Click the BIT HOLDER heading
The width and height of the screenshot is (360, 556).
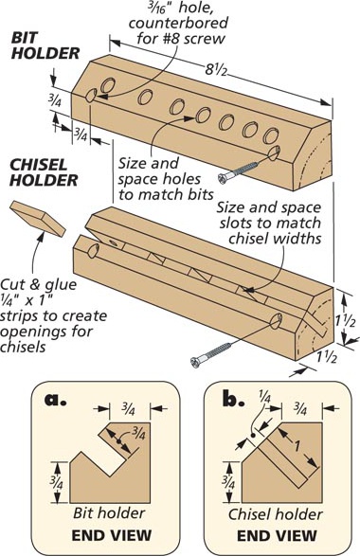coord(45,45)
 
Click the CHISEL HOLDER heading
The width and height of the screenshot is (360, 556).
coord(44,172)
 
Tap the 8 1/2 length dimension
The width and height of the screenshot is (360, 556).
coord(216,69)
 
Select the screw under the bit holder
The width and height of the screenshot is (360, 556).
coord(240,172)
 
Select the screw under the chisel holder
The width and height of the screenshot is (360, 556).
coord(211,353)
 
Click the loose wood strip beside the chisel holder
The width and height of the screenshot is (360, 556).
coord(38,218)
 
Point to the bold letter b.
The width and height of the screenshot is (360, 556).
coord(234,398)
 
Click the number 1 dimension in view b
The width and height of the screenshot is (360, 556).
coord(297,446)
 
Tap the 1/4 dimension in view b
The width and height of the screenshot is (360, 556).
coord(264,396)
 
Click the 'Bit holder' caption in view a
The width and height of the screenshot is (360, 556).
coord(109,512)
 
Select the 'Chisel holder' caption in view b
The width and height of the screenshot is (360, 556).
coord(276,514)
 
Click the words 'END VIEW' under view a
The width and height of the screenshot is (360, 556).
coord(112,535)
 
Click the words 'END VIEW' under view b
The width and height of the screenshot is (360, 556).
coord(277,536)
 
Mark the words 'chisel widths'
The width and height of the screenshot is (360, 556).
coord(275,238)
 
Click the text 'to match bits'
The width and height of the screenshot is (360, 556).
coord(166,194)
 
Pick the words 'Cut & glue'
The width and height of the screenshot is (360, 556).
coord(38,285)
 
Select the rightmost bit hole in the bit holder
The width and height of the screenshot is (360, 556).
coord(271,135)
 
